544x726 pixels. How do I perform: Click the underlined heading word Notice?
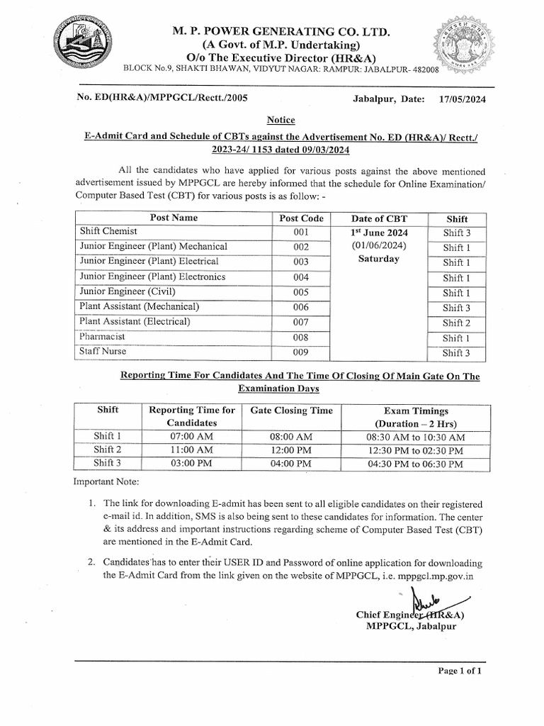(x=281, y=120)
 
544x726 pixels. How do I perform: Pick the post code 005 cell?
(x=301, y=292)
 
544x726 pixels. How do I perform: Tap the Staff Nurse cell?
(x=104, y=352)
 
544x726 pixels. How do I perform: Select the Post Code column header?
(x=301, y=218)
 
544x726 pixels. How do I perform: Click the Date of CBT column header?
(x=380, y=218)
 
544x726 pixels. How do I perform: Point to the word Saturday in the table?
(x=379, y=259)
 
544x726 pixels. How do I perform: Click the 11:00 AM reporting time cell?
(x=191, y=450)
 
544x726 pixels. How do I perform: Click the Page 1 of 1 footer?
(x=460, y=671)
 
